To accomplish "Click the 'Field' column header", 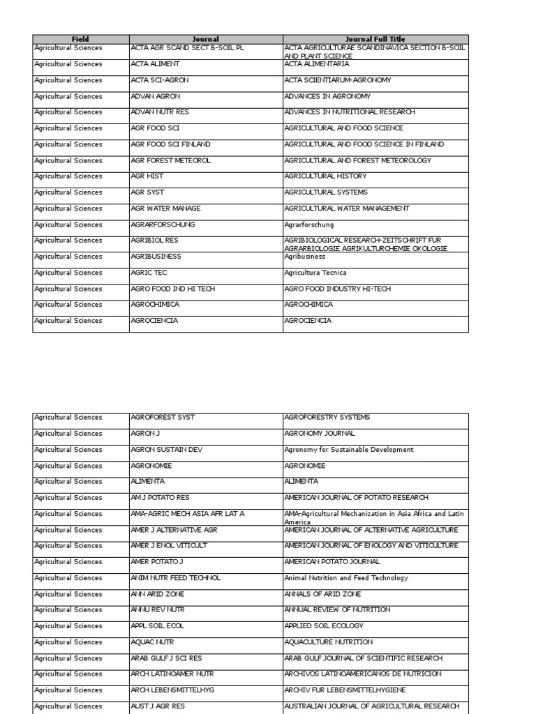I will [80, 39].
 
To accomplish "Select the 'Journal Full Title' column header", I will [375, 39].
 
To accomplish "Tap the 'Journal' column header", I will [206, 39].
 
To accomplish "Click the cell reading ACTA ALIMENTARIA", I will [316, 64].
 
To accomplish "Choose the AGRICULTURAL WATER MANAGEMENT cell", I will [346, 208].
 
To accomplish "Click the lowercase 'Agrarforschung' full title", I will [309, 225].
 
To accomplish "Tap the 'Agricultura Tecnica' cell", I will [315, 273].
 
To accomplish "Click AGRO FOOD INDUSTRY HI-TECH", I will [337, 289].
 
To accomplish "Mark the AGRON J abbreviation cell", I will [145, 433].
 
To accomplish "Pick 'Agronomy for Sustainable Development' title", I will [348, 450].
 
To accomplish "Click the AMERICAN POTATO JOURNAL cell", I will [332, 562].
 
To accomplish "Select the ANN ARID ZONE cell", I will [156, 594].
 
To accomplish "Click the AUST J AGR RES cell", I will [158, 706].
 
